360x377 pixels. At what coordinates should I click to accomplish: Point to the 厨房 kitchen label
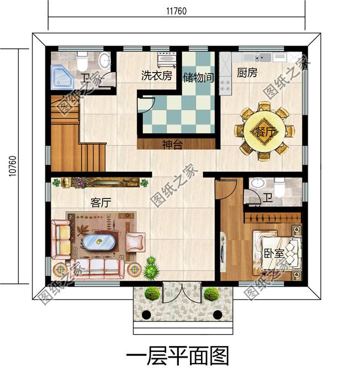pyautogui.click(x=246, y=73)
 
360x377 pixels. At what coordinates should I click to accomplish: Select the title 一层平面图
pyautogui.click(x=177, y=355)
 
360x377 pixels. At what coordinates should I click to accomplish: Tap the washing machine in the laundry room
pyautogui.click(x=167, y=58)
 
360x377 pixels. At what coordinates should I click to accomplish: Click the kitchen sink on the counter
pyautogui.click(x=259, y=57)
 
